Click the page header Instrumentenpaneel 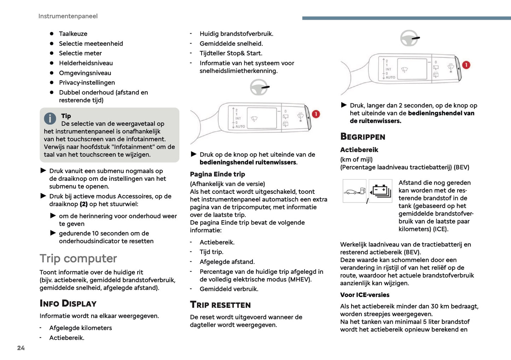[x=68, y=16]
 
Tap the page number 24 [x=21, y=348]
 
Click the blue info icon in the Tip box [x=50, y=118]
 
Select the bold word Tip [x=66, y=116]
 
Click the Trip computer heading [x=78, y=259]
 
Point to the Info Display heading [x=68, y=303]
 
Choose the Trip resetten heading [x=220, y=305]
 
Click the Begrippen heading [x=362, y=137]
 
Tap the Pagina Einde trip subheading [x=217, y=174]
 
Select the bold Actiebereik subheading [x=359, y=150]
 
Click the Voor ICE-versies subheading [x=365, y=295]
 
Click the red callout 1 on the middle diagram [x=316, y=114]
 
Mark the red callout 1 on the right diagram [x=466, y=65]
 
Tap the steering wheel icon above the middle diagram [x=259, y=87]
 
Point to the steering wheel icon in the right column [x=410, y=38]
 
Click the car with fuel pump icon [x=354, y=191]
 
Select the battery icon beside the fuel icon [x=381, y=191]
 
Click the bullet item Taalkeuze [x=73, y=34]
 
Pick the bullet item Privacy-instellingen [x=87, y=83]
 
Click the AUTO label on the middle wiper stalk [x=240, y=126]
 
